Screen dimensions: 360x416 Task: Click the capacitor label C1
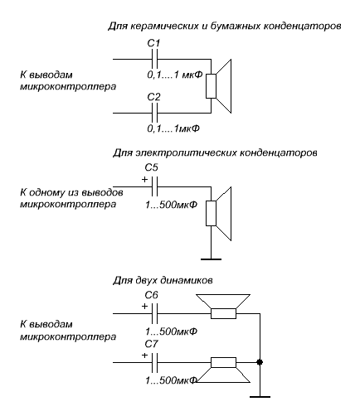tap(153, 43)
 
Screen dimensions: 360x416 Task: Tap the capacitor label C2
tap(153, 97)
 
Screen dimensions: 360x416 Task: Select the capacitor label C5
tap(152, 167)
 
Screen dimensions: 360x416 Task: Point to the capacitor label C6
tap(152, 295)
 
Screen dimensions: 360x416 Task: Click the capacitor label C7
tap(152, 344)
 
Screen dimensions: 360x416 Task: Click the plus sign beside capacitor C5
tap(144, 180)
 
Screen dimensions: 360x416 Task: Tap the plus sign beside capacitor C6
tap(144, 307)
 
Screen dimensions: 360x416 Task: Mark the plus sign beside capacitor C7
tap(144, 356)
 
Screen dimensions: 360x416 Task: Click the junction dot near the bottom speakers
tap(260, 362)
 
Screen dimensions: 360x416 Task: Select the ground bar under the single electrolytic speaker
tap(211, 259)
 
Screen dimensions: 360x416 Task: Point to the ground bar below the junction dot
tap(260, 397)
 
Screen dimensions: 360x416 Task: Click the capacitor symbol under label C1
tap(155, 59)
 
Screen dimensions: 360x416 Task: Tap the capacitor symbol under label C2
tap(155, 113)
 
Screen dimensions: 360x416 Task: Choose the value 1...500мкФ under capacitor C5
tap(172, 205)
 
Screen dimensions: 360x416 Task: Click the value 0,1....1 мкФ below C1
tap(175, 75)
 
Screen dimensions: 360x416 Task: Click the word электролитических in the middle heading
tap(186, 152)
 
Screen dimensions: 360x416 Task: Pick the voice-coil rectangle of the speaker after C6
tap(223, 313)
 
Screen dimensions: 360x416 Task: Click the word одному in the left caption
tap(48, 192)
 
